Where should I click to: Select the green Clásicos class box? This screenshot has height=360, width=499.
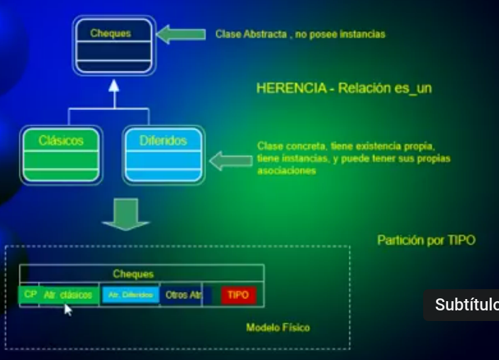[60, 154]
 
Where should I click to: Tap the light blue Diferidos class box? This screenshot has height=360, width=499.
[163, 154]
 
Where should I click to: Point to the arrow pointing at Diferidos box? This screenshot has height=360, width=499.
[230, 161]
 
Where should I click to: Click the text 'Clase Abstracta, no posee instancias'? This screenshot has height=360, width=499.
[301, 34]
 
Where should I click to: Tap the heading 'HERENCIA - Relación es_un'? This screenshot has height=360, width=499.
[344, 89]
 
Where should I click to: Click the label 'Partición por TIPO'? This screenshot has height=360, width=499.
[426, 240]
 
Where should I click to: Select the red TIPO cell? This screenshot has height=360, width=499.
[238, 295]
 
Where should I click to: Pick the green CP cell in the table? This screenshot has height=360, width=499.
[30, 294]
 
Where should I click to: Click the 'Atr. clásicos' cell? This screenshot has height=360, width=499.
[68, 295]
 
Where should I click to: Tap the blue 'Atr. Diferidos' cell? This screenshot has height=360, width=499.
[130, 295]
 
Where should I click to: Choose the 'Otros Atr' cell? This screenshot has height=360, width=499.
[183, 295]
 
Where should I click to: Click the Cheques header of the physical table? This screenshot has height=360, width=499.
[133, 274]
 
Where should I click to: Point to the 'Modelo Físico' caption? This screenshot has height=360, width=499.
[278, 327]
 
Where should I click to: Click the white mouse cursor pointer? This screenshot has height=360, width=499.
[68, 309]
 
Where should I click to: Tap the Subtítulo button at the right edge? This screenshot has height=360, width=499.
[464, 305]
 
